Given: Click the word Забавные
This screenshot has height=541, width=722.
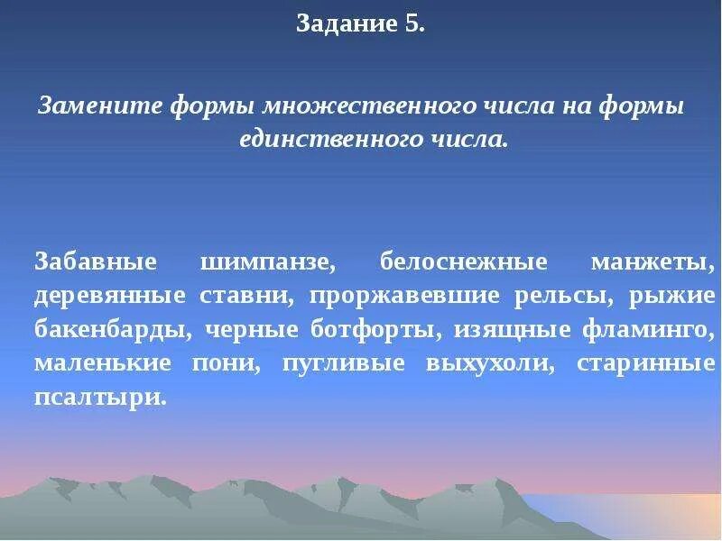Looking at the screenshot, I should pos(96,262).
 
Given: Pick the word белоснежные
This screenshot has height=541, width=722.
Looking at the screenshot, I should pos(464,262).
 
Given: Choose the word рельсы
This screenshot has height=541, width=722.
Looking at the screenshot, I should pos(558,296).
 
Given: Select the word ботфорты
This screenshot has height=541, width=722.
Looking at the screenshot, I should pos(365,329).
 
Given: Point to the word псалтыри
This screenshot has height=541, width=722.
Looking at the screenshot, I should pos(100,396).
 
